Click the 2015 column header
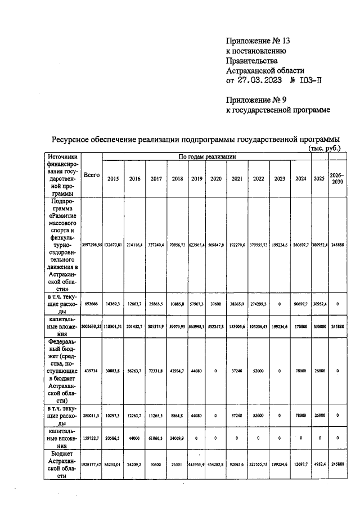(x=113, y=178)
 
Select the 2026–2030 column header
(x=337, y=178)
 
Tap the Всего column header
(x=91, y=175)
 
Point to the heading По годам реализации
(x=206, y=156)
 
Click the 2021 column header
(x=237, y=178)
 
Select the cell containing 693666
(x=92, y=303)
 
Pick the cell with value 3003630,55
(x=92, y=326)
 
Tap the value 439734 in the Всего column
(x=92, y=371)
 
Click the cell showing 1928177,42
(x=92, y=465)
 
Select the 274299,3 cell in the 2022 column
(x=259, y=303)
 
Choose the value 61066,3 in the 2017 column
(x=156, y=437)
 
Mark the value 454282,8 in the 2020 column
(x=216, y=465)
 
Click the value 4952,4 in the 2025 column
(x=318, y=465)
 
